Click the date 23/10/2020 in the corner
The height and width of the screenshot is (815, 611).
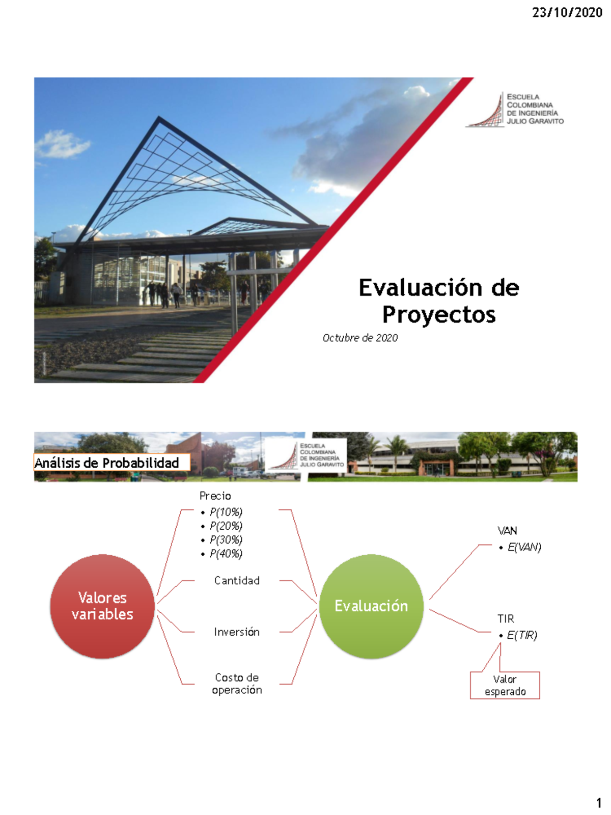click(x=567, y=13)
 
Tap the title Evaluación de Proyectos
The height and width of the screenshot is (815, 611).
click(x=438, y=301)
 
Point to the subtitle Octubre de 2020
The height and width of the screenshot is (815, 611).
click(x=360, y=338)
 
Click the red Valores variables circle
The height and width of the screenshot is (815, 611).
click(x=102, y=606)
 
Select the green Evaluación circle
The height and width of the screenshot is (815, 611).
click(x=371, y=606)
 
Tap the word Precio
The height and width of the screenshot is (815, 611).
click(x=215, y=496)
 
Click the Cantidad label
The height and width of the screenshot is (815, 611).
click(x=237, y=581)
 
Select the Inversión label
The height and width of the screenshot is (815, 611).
click(x=237, y=632)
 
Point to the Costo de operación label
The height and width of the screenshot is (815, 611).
click(x=237, y=684)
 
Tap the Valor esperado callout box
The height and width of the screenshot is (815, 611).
click(x=505, y=685)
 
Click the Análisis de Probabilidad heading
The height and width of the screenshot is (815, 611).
click(x=107, y=463)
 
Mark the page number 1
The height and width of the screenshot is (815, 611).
click(x=599, y=803)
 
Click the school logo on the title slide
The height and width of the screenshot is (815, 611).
click(x=514, y=109)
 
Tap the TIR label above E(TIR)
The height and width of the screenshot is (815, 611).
click(x=506, y=619)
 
